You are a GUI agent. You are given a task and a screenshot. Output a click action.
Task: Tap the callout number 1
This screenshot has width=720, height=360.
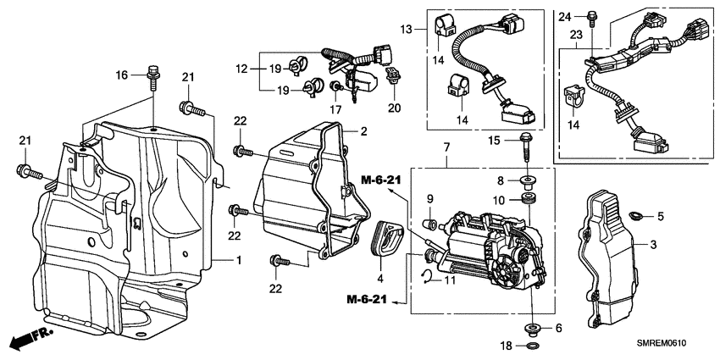[239, 260]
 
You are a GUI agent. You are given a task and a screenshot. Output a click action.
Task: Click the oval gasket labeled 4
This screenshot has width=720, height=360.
[385, 237]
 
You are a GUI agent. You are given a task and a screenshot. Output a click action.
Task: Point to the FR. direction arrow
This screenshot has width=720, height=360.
[28, 341]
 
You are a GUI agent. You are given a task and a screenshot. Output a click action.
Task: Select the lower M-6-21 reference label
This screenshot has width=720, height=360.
[369, 299]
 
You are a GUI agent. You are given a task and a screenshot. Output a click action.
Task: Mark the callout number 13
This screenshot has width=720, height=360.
[407, 30]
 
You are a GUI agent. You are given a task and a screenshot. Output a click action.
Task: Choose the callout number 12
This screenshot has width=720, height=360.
[242, 68]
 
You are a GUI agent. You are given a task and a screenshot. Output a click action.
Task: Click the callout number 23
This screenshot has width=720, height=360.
[575, 36]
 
